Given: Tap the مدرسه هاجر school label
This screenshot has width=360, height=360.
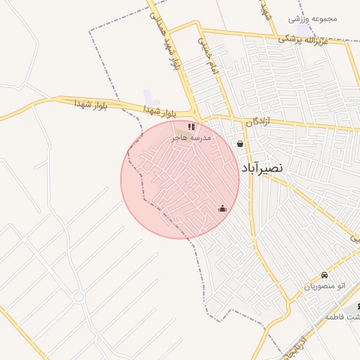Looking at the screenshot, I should pos(190,139).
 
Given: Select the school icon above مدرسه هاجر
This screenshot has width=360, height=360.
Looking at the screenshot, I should pos(191,127).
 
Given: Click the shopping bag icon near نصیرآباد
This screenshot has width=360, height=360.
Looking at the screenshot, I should pos(241,144).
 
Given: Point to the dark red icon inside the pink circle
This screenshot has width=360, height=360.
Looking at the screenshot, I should pos(223,208).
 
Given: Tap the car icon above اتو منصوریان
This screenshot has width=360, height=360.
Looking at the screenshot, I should pos(324,275).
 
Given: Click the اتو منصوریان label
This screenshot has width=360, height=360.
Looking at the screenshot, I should pos(325,286).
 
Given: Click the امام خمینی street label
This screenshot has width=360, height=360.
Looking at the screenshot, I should pos(205,49).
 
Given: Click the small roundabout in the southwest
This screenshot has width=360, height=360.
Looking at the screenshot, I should pos(78,297).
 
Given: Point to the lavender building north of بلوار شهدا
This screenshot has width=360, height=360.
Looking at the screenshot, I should pos(148,95).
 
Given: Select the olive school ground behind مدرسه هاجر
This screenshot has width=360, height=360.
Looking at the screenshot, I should pos(186,131).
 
